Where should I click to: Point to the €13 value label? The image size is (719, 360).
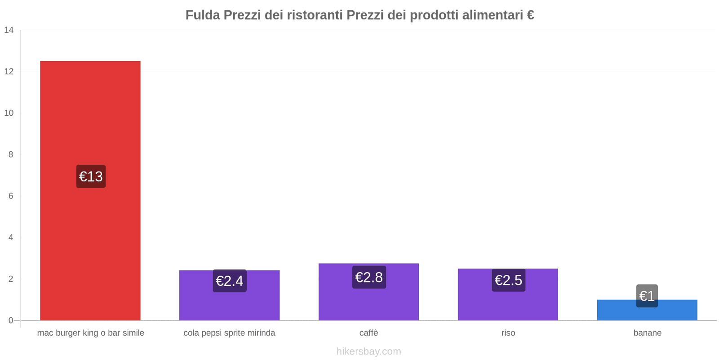click(x=91, y=176)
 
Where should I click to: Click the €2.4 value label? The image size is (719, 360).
click(x=229, y=281)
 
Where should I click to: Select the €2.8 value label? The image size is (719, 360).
click(x=368, y=277)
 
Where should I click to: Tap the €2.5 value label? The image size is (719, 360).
click(x=508, y=280)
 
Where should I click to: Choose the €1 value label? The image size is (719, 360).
click(x=647, y=296)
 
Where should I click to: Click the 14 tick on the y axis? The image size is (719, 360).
click(x=9, y=30)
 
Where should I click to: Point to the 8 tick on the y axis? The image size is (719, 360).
click(x=11, y=154)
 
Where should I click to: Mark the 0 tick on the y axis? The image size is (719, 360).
click(x=11, y=320)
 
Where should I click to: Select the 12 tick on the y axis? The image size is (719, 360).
click(x=9, y=72)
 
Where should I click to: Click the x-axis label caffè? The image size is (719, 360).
click(x=368, y=333)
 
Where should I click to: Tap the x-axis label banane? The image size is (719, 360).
click(x=647, y=333)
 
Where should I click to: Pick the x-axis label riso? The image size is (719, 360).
click(x=508, y=333)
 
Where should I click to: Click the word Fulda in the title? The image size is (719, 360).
click(x=203, y=15)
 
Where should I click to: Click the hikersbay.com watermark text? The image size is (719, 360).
click(x=368, y=351)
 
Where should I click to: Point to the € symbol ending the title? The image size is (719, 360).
click(x=530, y=15)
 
